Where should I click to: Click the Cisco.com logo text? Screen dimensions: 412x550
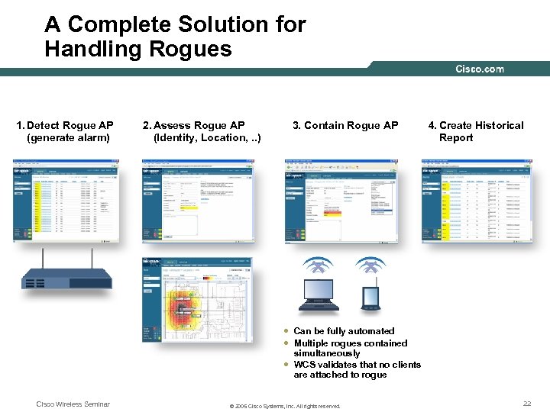[x=480, y=69]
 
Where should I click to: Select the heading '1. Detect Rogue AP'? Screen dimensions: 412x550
[x=66, y=125]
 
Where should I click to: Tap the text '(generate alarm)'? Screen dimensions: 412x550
[x=68, y=138]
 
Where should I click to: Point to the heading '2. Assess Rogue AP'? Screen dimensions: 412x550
[x=194, y=125]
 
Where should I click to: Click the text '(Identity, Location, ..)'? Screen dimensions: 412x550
[x=207, y=138]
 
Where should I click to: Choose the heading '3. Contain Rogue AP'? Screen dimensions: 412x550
[x=346, y=125]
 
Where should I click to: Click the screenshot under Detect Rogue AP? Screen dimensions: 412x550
[x=66, y=201]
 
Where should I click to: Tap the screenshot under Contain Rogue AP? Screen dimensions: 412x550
[x=341, y=201]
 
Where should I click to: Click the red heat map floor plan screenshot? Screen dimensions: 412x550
[x=196, y=300]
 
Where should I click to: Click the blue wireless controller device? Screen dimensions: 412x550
[x=66, y=278]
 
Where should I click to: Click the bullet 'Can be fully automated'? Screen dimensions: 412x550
[x=344, y=331]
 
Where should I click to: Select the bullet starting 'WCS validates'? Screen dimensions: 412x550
[x=356, y=369]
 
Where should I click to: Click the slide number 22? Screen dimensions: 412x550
[x=527, y=404]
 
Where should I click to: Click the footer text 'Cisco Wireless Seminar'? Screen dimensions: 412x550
[x=73, y=404]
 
